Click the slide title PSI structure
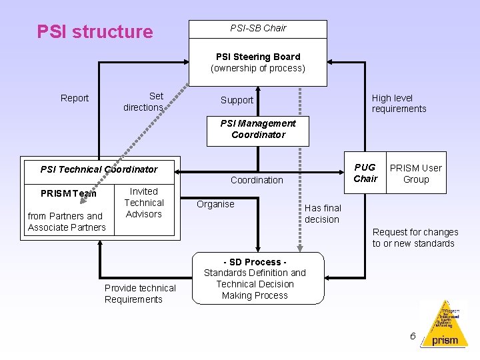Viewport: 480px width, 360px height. [95, 32]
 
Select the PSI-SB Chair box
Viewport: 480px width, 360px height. [258, 29]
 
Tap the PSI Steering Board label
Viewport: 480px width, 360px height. [258, 57]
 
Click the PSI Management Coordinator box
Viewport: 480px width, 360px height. [258, 129]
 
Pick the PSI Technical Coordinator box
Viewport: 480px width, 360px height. [99, 169]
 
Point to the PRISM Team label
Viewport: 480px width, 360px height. [68, 193]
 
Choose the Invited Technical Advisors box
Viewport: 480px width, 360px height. [144, 203]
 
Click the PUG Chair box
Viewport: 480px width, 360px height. [365, 173]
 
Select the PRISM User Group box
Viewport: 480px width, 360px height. [416, 173]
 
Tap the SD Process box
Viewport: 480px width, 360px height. [255, 279]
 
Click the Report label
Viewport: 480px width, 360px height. [75, 99]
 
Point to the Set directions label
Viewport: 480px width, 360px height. [144, 101]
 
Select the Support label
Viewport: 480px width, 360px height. [237, 101]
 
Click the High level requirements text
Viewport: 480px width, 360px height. [399, 103]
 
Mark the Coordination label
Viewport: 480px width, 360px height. [257, 180]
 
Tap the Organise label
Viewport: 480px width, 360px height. [215, 204]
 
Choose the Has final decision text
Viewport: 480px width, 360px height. [323, 214]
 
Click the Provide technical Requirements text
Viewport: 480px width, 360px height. [140, 293]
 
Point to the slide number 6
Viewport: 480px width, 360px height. [413, 336]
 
